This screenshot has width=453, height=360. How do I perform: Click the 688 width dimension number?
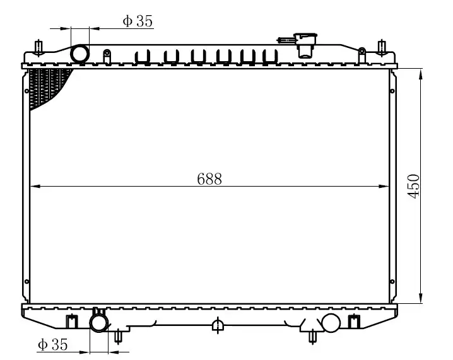click(x=209, y=179)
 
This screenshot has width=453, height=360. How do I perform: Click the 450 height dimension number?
click(x=413, y=186)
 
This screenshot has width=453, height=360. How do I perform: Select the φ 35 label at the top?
click(x=138, y=21)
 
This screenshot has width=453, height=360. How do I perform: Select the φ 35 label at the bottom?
click(x=52, y=344)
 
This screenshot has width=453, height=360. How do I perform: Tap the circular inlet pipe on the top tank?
click(x=80, y=54)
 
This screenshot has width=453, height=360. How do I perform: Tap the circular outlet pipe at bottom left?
click(x=99, y=323)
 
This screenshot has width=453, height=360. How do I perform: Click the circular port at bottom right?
click(x=331, y=323)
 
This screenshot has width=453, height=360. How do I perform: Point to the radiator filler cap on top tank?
click(x=306, y=45)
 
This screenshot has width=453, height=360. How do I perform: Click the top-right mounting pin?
click(x=380, y=48)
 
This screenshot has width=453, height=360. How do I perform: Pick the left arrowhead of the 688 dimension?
click(x=35, y=187)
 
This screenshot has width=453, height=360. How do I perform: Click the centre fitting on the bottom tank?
click(x=217, y=325)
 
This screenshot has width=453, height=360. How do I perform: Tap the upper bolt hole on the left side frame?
click(x=27, y=92)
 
